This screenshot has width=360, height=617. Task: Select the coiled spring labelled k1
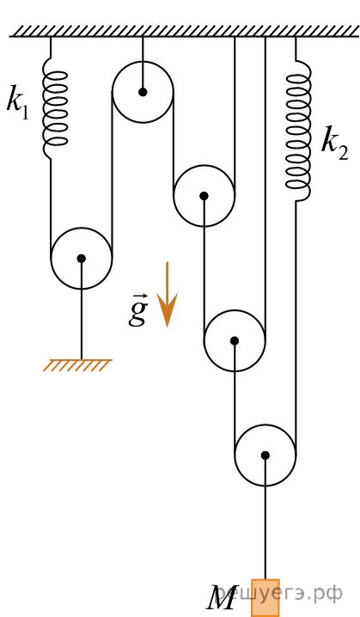(55, 108)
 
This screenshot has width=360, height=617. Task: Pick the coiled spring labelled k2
(299, 131)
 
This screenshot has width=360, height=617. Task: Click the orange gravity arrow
(168, 295)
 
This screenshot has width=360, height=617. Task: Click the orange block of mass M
(265, 597)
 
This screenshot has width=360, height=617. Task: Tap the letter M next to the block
(221, 598)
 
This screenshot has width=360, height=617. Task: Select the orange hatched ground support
(77, 365)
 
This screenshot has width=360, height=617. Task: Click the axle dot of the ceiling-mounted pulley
(143, 92)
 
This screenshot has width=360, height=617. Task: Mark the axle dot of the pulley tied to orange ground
(82, 259)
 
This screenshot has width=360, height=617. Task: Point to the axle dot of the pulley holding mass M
(265, 455)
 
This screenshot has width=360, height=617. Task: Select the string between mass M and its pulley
(265, 517)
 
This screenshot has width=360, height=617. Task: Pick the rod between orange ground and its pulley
(82, 308)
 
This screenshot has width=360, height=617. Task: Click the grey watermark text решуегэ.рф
(280, 594)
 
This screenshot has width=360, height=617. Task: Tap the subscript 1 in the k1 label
(24, 113)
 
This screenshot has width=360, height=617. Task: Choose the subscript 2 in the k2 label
(343, 153)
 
